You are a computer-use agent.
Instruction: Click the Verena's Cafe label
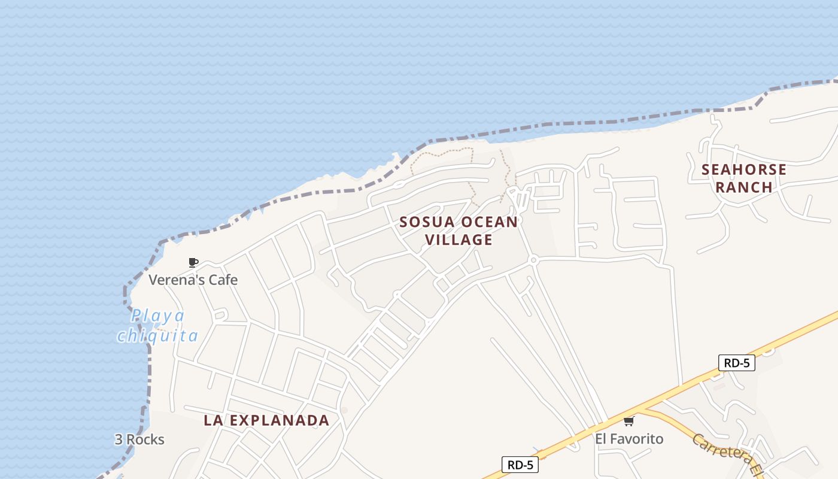pyautogui.click(x=193, y=280)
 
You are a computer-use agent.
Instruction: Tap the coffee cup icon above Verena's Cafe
pyautogui.click(x=193, y=262)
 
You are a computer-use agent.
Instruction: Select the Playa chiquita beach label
pyautogui.click(x=157, y=325)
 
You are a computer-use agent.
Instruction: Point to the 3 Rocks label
pyautogui.click(x=139, y=439)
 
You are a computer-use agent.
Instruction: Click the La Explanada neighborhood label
pyautogui.click(x=266, y=420)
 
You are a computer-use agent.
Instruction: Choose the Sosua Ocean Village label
pyautogui.click(x=459, y=231)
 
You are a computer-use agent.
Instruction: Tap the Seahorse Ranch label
pyautogui.click(x=744, y=178)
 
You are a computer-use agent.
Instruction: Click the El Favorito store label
pyautogui.click(x=629, y=439)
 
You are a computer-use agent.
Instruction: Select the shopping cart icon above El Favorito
pyautogui.click(x=628, y=422)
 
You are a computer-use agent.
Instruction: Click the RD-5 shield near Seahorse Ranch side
pyautogui.click(x=736, y=363)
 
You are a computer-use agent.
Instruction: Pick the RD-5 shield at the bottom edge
pyautogui.click(x=520, y=465)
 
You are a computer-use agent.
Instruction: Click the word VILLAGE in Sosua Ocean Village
pyautogui.click(x=459, y=240)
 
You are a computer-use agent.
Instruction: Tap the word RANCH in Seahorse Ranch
pyautogui.click(x=744, y=187)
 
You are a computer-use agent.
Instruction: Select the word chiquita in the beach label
pyautogui.click(x=157, y=335)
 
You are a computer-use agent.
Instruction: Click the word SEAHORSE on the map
pyautogui.click(x=744, y=169)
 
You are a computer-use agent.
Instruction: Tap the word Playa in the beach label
pyautogui.click(x=158, y=316)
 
